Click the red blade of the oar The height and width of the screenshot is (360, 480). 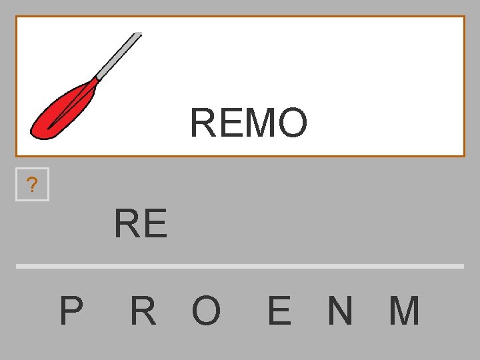pyautogui.click(x=63, y=110)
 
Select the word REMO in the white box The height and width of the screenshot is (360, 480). pyautogui.click(x=249, y=123)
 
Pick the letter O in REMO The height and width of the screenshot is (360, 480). pyautogui.click(x=293, y=123)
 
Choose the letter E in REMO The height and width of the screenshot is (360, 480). pyautogui.click(x=230, y=123)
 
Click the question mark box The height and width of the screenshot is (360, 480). pyautogui.click(x=32, y=185)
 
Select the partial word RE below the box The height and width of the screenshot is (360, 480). pyautogui.click(x=141, y=223)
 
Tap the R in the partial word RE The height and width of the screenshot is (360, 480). pyautogui.click(x=127, y=223)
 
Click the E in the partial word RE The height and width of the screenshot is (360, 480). pyautogui.click(x=155, y=223)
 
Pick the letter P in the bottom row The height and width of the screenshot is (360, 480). pyautogui.click(x=71, y=311)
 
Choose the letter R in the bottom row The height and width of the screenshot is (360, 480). pyautogui.click(x=143, y=311)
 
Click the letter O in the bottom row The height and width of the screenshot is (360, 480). pyautogui.click(x=206, y=311)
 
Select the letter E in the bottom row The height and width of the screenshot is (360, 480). pyautogui.click(x=279, y=311)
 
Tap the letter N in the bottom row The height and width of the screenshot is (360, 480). pyautogui.click(x=340, y=311)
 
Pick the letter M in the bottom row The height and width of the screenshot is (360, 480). pyautogui.click(x=404, y=311)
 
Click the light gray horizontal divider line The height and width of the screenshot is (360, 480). pyautogui.click(x=240, y=266)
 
